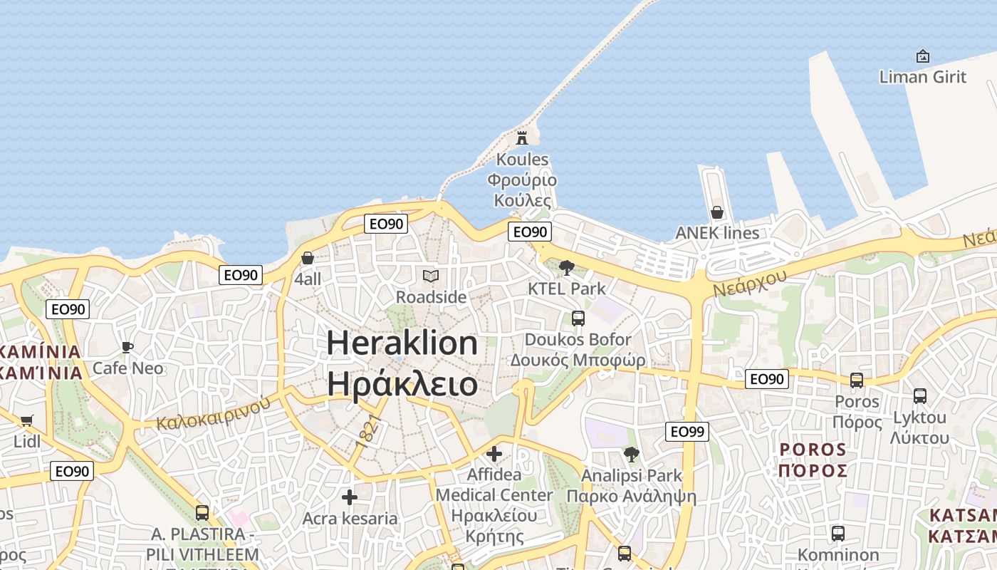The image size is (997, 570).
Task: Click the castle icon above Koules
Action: [x=522, y=138]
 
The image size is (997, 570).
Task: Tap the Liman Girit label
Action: [x=922, y=76]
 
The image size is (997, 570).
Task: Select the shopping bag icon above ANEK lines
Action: [x=717, y=212]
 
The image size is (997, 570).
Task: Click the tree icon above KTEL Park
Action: [x=567, y=268]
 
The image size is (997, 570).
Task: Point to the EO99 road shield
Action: [x=687, y=431]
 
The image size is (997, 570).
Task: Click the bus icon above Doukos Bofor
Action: [x=578, y=318]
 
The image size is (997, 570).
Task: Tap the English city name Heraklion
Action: [x=402, y=343]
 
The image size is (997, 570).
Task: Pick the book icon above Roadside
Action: [x=431, y=276]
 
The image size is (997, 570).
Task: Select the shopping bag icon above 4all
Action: [x=308, y=258]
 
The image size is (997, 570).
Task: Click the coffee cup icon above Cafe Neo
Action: [x=127, y=347]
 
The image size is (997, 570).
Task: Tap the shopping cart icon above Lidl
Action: [x=27, y=420]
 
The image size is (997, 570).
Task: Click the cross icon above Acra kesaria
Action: [x=349, y=497]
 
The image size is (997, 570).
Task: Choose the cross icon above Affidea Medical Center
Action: [x=494, y=453]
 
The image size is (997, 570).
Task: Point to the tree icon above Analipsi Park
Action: [x=631, y=454]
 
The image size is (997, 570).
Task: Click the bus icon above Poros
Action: [x=857, y=380]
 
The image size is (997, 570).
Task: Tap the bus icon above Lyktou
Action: [x=920, y=396]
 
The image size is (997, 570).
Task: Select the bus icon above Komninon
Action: [x=838, y=533]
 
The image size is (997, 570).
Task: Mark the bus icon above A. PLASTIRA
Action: [x=202, y=512]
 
